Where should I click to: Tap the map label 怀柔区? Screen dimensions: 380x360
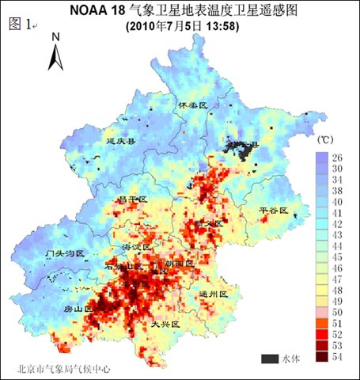pos(192,105)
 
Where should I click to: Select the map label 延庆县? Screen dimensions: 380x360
pos(121,141)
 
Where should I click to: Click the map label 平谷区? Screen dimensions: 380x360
pos(274,211)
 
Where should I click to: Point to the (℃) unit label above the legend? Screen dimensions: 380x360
pos(325,139)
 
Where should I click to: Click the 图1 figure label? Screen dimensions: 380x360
pos(21,24)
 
